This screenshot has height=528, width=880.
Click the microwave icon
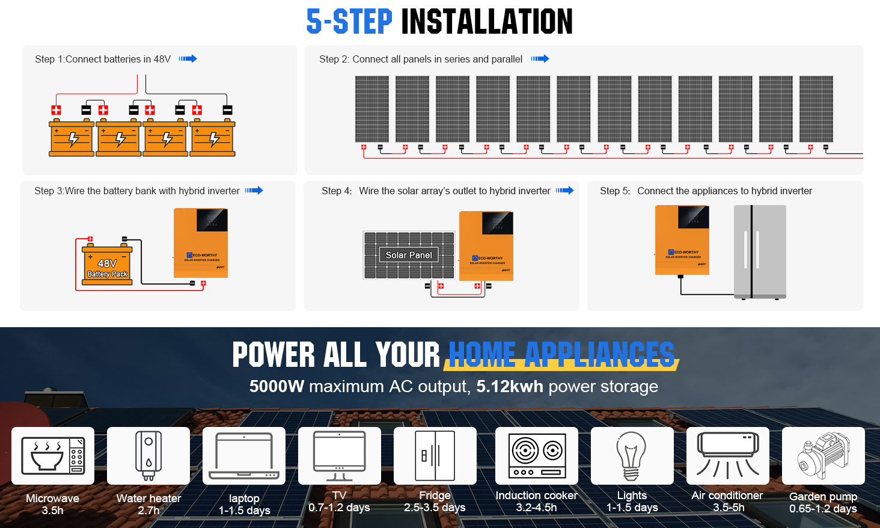(53, 455)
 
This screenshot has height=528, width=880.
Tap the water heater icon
(148, 455)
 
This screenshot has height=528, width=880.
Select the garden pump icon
(823, 455)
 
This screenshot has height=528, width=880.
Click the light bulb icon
(631, 455)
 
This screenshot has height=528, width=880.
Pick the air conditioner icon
(727, 455)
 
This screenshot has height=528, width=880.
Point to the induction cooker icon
(537, 455)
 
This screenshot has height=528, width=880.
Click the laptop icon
(244, 455)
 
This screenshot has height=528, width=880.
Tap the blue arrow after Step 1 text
(188, 59)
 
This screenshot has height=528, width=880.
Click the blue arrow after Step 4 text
(564, 191)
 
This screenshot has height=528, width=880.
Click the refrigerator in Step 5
(760, 251)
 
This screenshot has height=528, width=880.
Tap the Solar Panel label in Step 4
(409, 255)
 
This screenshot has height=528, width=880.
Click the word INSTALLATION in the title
(486, 22)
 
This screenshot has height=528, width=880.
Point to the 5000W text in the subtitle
(277, 386)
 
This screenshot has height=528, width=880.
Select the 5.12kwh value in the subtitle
(509, 386)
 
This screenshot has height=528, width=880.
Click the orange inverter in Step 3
(201, 243)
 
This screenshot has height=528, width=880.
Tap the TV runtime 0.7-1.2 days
(339, 508)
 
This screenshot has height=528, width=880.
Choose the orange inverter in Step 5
(682, 240)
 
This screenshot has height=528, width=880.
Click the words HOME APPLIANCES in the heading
(561, 354)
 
